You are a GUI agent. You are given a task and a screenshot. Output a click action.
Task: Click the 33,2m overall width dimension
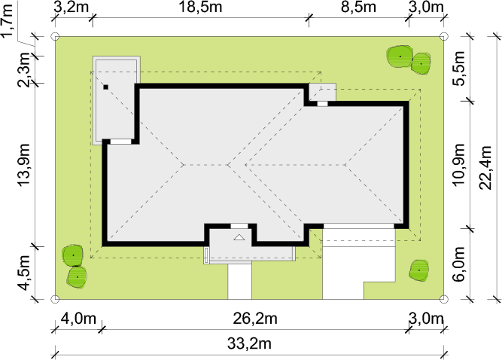249,344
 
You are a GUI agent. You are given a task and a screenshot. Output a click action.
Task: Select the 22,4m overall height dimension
485,168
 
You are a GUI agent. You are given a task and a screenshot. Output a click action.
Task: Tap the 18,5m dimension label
200,7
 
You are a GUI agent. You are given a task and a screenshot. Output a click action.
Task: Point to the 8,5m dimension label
358,7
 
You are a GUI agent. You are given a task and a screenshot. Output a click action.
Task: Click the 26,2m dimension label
255,319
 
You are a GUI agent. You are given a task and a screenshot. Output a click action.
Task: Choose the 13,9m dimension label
23,164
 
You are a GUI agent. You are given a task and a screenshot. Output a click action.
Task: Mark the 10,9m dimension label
458,165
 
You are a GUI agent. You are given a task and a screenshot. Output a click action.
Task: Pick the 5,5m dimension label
458,69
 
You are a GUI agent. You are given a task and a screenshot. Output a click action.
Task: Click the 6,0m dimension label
458,264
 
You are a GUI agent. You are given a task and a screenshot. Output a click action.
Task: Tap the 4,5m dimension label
23,273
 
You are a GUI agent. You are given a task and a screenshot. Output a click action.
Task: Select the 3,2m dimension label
71,7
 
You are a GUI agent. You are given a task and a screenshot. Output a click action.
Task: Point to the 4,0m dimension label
78,319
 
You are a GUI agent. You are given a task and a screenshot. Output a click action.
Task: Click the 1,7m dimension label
7,20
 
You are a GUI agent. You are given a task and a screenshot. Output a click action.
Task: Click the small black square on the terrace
105,87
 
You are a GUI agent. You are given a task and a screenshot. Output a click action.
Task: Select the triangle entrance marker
239,237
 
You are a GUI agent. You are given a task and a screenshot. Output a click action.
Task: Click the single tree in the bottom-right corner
419,270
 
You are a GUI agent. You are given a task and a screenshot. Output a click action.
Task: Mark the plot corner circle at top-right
443,36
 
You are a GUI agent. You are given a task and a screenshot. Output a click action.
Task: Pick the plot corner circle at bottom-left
55,299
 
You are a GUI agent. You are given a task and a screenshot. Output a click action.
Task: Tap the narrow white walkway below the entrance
239,282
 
